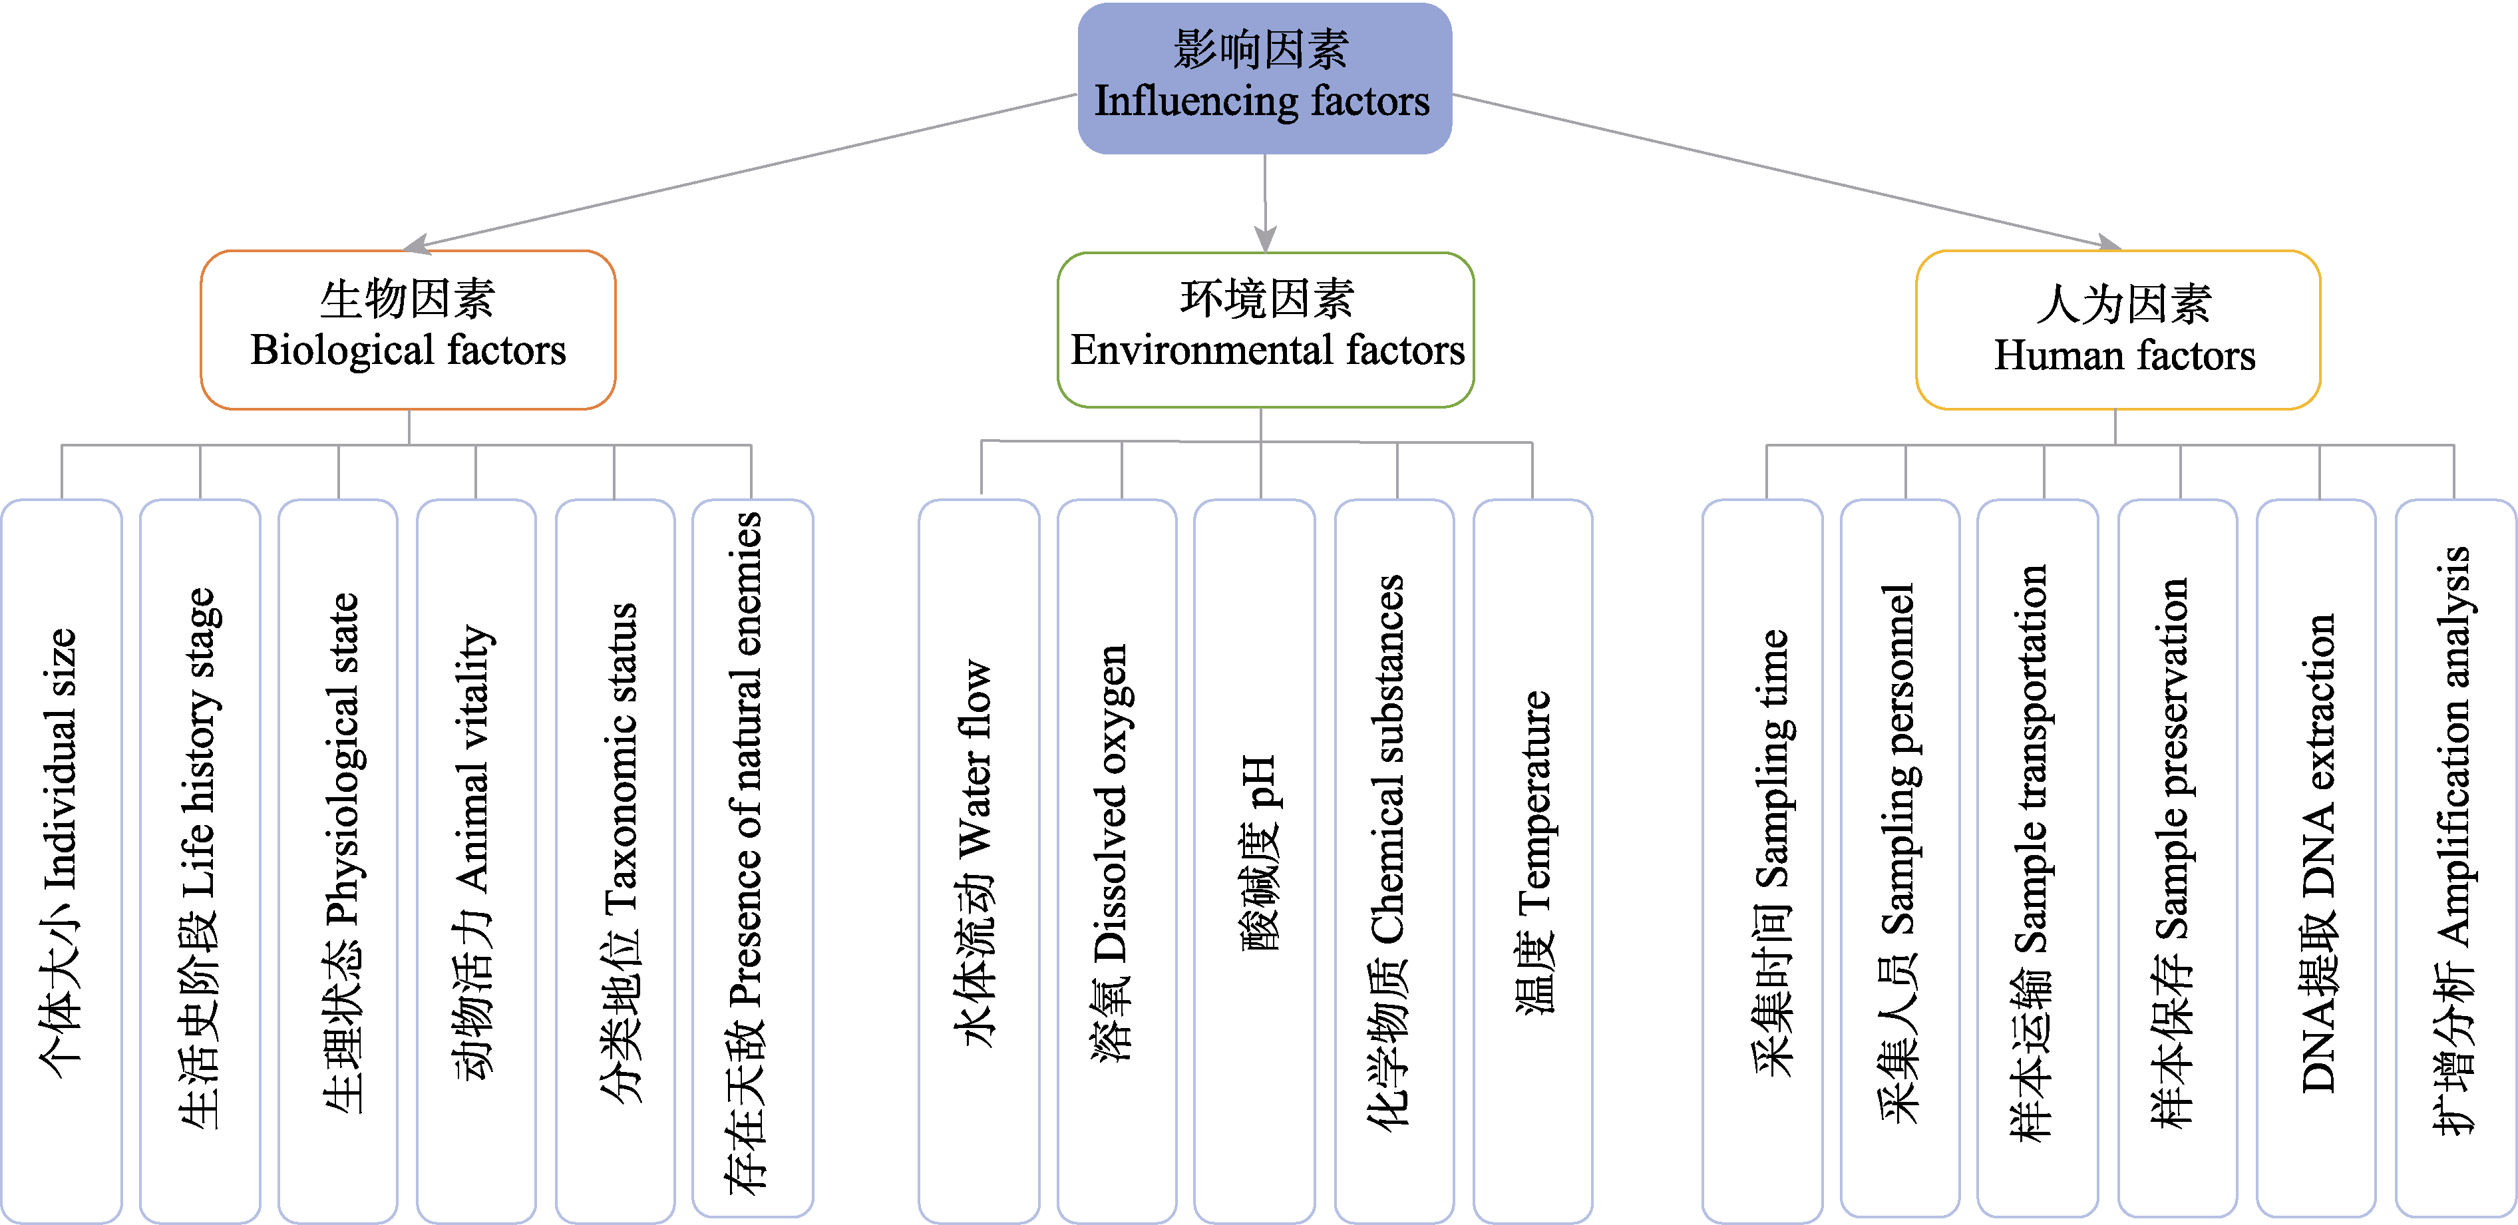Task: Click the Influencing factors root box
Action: (1264, 79)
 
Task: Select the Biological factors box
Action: (408, 329)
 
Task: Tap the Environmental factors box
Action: (1266, 329)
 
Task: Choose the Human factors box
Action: (2117, 329)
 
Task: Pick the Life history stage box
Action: (200, 860)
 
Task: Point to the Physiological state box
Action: (338, 860)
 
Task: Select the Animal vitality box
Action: (476, 860)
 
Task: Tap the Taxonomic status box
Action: (615, 860)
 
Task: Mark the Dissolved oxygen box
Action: (1117, 860)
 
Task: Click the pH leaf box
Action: (1254, 860)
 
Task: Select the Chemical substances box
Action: (1394, 860)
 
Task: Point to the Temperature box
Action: (1532, 860)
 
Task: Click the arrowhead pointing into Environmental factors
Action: (1266, 240)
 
